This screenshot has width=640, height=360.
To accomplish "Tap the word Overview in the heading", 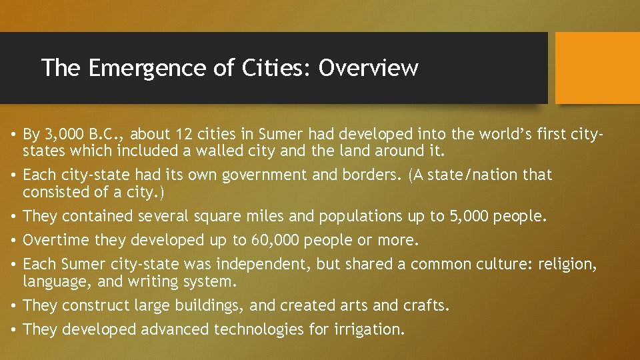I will (x=368, y=67).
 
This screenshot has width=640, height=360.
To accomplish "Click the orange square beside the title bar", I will (x=597, y=68).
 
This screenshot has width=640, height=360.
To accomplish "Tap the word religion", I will (x=569, y=264).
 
